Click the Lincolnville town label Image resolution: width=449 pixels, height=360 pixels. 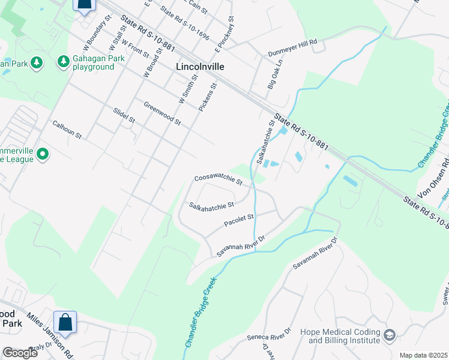pos(199,67)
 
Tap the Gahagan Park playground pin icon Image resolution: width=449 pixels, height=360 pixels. pos(63,61)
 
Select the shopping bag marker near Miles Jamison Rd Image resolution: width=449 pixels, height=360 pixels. pos(65,322)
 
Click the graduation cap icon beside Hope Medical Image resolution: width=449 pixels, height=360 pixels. pos(390,334)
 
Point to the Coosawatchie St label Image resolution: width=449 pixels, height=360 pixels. pos(218,179)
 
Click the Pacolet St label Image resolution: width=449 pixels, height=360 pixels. pos(240,220)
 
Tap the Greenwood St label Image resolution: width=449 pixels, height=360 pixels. pos(162,113)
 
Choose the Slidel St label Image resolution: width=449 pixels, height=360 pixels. pos(124,116)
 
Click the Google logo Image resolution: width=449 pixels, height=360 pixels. pos(20,353)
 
